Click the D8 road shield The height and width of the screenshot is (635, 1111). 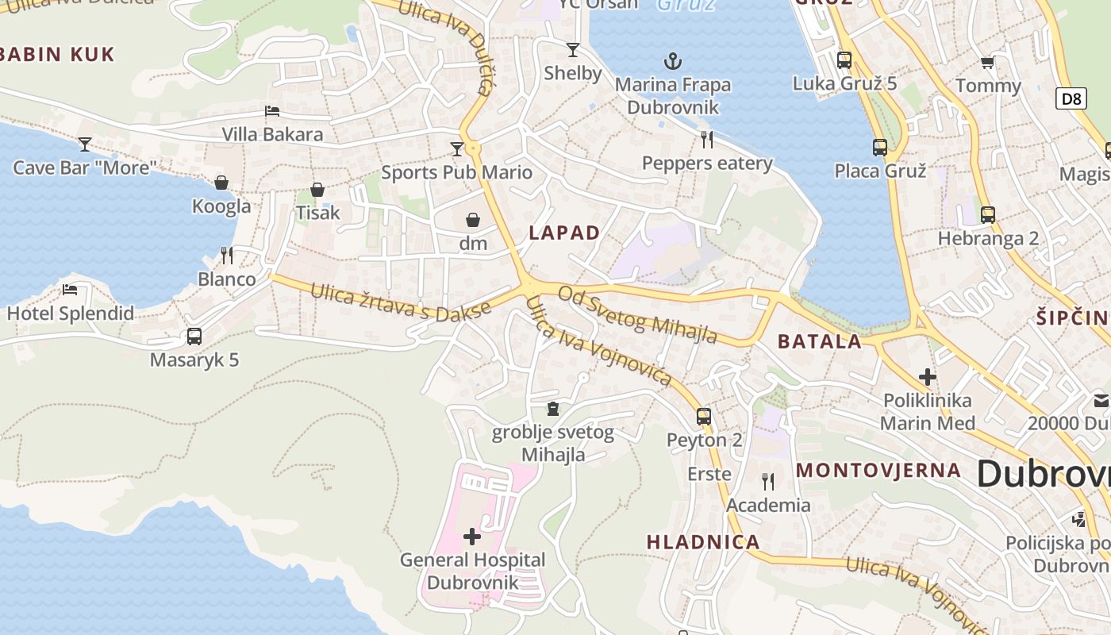[1071, 98]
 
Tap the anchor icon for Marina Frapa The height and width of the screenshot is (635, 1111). [673, 61]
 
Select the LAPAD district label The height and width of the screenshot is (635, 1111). [564, 233]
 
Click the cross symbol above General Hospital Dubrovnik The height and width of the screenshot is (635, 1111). [472, 537]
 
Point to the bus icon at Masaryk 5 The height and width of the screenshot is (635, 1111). [194, 337]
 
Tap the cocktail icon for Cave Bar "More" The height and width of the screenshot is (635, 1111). [85, 144]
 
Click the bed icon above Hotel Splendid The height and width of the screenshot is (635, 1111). [71, 290]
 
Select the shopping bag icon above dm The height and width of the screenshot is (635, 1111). [473, 220]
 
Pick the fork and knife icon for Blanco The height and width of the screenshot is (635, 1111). [227, 256]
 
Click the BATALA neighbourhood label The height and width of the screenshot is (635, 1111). [820, 341]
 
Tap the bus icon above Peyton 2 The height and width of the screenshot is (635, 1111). [704, 416]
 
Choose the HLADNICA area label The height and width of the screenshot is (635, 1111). [703, 542]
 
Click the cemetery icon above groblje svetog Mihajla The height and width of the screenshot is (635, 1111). [553, 409]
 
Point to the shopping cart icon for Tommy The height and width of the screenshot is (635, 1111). [988, 63]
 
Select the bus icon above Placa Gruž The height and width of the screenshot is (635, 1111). [880, 147]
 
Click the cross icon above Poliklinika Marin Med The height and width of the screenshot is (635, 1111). [927, 376]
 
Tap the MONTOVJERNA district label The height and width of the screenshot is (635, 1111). [878, 470]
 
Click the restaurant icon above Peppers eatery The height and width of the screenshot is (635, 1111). [707, 140]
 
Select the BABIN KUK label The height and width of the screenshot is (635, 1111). [58, 54]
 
